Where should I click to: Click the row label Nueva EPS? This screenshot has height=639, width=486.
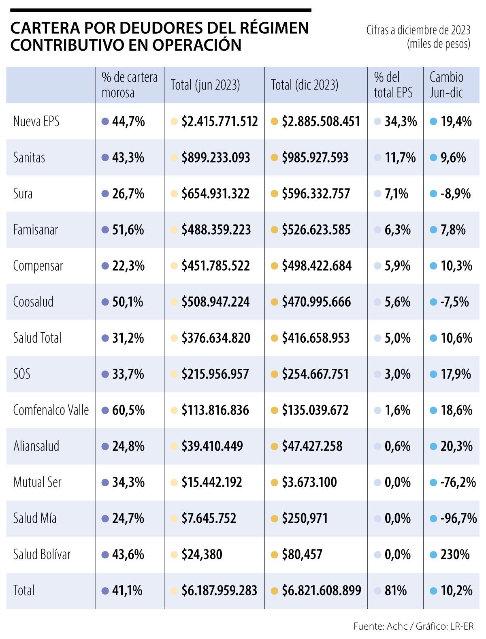(36, 121)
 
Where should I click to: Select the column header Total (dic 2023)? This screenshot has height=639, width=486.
(304, 85)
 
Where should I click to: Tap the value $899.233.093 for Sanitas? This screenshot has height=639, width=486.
(215, 157)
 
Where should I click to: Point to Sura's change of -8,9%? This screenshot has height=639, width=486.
(455, 193)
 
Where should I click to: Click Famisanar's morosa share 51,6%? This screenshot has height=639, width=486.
(128, 230)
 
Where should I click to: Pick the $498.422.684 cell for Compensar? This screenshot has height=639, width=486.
(317, 266)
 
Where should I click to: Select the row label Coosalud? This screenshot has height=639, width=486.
(33, 302)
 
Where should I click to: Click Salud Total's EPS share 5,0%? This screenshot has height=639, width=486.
(397, 338)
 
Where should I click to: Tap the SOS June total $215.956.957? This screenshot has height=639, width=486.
(215, 374)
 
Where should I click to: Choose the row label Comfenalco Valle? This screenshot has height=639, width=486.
(51, 410)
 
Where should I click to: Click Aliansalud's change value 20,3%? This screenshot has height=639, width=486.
(456, 446)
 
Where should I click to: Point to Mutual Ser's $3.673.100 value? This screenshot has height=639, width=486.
(309, 482)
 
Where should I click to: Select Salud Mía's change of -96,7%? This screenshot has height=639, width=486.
(458, 518)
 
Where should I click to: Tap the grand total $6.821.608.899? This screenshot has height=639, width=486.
(321, 590)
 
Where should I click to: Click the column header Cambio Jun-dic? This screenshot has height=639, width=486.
(446, 85)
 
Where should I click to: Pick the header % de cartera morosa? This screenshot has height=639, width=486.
(130, 85)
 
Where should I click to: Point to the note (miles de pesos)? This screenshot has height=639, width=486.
(439, 43)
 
